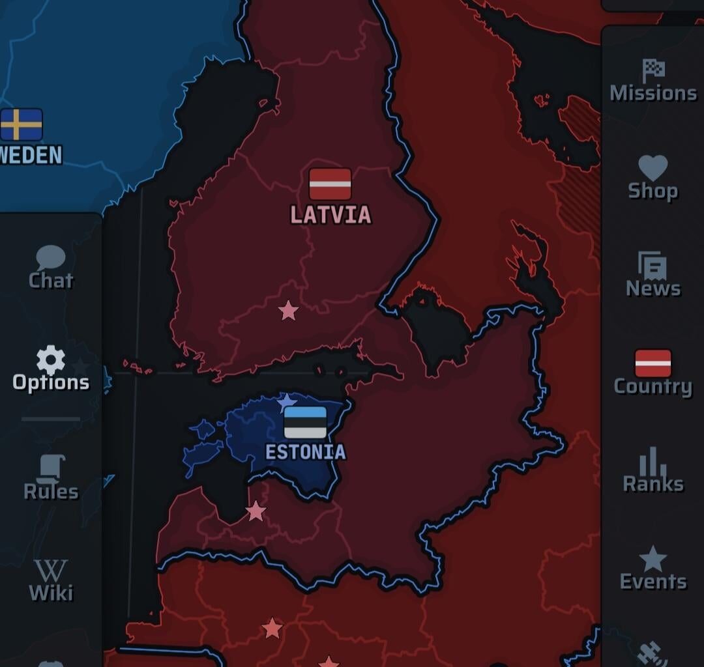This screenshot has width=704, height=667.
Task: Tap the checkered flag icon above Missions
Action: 653,70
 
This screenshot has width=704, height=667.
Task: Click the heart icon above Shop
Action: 653,167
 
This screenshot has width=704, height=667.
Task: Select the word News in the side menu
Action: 653,289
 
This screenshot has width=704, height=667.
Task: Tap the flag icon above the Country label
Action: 653,363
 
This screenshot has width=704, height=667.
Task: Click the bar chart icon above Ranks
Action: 653,461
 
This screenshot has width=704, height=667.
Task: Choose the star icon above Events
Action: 653,559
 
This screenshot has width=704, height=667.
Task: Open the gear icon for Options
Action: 51,360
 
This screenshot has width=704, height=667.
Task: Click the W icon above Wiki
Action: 51,571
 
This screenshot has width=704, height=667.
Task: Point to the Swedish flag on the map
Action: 22,124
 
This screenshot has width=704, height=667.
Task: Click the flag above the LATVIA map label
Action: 330,184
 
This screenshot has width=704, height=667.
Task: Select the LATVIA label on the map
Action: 330,215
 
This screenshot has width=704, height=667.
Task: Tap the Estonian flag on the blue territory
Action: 305,422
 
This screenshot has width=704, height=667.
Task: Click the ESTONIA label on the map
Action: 305,452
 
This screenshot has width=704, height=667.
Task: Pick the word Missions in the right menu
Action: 653,93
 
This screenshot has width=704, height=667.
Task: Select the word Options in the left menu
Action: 51,382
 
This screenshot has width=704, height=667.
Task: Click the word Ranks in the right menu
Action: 653,484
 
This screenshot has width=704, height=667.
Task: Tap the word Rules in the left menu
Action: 51,492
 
